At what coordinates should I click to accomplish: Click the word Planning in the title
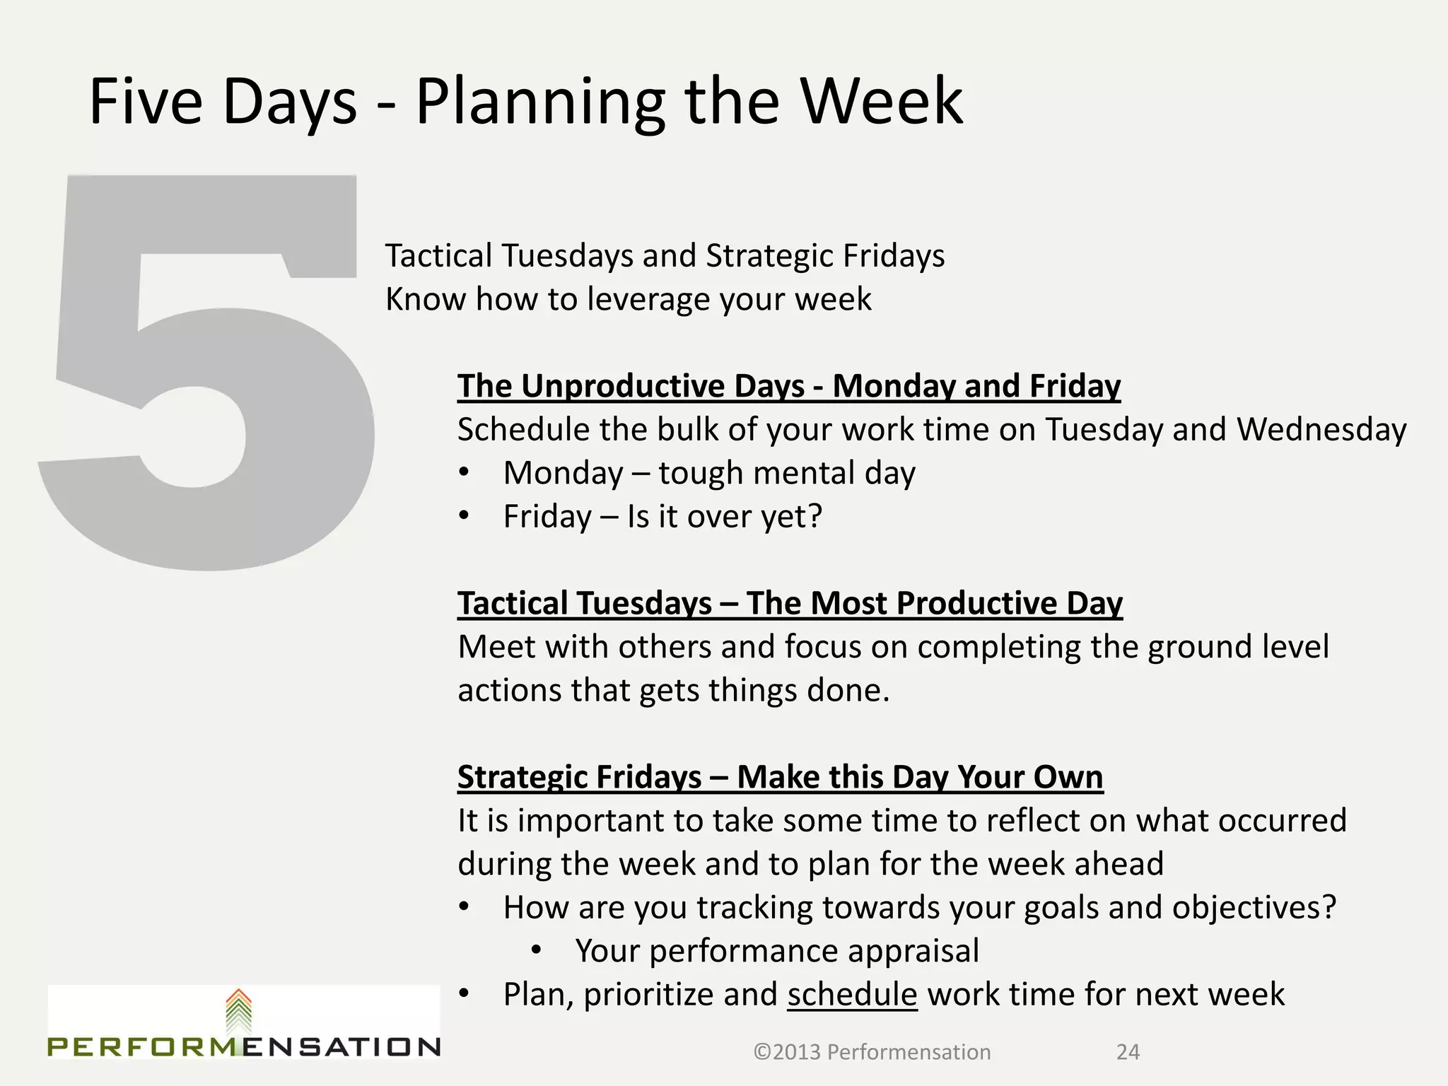[x=540, y=103]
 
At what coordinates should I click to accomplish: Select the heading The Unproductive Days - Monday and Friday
[x=788, y=387]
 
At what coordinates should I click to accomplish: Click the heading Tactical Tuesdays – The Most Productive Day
[x=789, y=604]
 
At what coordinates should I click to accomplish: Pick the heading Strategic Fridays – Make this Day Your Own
[x=780, y=777]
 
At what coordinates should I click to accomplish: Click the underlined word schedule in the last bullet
[x=852, y=994]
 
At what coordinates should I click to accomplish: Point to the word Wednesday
[x=1321, y=430]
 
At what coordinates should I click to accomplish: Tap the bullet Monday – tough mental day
[x=708, y=473]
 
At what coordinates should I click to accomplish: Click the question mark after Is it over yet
[x=814, y=516]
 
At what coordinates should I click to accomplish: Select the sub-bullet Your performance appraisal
[x=776, y=951]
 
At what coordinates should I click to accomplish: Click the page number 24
[x=1128, y=1052]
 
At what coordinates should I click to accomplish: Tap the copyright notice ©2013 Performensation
[x=872, y=1052]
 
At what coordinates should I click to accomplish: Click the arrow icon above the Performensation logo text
[x=239, y=1010]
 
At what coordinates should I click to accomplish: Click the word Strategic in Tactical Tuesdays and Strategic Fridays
[x=759, y=256]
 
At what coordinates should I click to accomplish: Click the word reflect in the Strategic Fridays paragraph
[x=1032, y=821]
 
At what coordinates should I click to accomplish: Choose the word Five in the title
[x=146, y=103]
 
